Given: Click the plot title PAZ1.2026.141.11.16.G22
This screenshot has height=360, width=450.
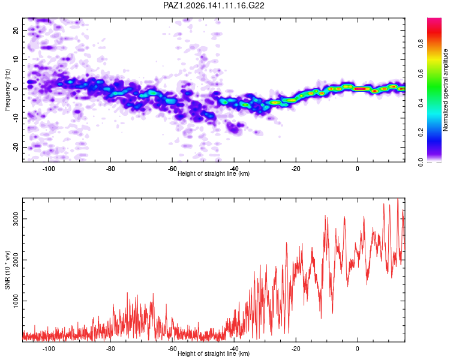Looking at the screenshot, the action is tap(214, 5).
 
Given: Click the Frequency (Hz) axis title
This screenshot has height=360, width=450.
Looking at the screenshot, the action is tap(7, 90).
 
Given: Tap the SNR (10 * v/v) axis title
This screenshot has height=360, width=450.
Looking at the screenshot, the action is tap(7, 270).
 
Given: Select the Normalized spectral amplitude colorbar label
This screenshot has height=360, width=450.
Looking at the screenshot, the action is tap(445, 90).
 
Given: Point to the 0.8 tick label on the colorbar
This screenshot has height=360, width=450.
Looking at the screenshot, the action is tap(421, 44).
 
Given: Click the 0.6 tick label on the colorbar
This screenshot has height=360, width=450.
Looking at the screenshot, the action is tap(421, 73).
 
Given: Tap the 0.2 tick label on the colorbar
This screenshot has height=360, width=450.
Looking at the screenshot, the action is tap(421, 133).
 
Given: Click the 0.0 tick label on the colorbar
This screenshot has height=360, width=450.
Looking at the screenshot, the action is tap(421, 162).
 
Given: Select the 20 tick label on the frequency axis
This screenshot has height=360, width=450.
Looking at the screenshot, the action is tap(16, 30).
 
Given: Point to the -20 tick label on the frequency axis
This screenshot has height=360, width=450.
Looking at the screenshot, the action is tap(16, 148).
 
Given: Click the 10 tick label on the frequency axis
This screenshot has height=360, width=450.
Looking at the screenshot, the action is tap(16, 59).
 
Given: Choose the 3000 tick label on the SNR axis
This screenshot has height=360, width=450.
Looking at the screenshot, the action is tap(16, 219).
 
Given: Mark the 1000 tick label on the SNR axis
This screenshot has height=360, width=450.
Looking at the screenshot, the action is tap(16, 301).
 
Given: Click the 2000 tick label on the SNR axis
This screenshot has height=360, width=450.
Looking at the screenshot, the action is tap(16, 260).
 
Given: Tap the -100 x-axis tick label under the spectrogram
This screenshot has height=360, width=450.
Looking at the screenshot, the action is tap(49, 169).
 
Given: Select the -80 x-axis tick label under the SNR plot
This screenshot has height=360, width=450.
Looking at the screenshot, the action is tap(110, 349).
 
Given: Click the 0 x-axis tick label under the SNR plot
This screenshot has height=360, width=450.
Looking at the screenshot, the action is tap(358, 349).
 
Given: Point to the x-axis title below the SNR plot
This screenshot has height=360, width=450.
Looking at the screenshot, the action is tap(214, 353).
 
